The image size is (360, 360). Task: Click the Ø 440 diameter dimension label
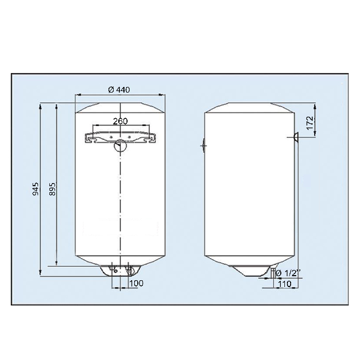119,89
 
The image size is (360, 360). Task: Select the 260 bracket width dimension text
120,121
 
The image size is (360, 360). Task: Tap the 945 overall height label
35,189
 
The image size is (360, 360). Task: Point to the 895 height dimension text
52,189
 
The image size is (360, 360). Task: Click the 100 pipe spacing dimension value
136,283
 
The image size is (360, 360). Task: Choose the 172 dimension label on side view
310,123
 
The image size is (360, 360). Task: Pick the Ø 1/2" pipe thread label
288,273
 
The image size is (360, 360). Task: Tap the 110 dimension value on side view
285,284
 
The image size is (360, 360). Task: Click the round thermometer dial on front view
120,146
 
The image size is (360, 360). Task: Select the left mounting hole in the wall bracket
111,137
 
